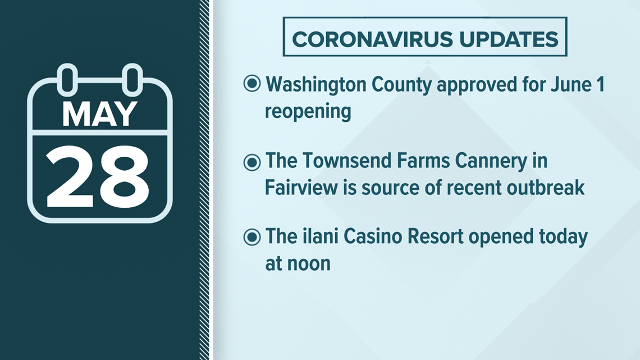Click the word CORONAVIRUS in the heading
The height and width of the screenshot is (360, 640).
(372, 39)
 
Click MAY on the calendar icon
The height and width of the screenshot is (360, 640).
(99, 114)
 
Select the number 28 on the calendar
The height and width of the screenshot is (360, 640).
(98, 177)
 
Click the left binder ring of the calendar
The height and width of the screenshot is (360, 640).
(67, 79)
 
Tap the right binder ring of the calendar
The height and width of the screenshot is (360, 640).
(132, 79)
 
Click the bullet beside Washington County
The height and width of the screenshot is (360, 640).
(252, 84)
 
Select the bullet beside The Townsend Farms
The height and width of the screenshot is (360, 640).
(252, 162)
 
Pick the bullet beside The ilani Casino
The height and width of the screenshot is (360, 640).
(252, 237)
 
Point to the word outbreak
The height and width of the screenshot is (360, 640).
(546, 188)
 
